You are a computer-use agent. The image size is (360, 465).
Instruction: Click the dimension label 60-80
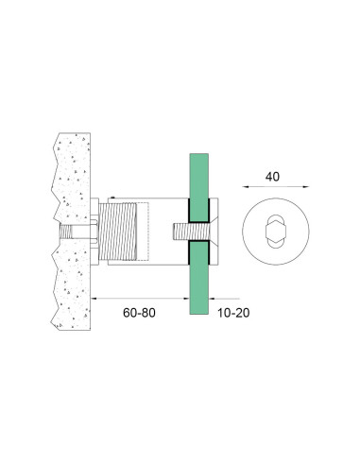139,313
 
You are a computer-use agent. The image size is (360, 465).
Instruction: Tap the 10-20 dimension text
233,313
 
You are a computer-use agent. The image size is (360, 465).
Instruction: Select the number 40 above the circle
272,177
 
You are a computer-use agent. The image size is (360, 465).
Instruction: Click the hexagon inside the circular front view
275,232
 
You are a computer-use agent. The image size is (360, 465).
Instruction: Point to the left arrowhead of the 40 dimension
246,187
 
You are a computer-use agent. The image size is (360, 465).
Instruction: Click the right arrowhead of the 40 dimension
306,187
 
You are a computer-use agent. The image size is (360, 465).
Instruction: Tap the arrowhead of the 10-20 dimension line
212,298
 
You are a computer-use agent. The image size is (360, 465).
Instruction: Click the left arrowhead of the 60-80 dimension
94,298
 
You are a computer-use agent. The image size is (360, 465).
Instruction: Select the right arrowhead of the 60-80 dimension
186,298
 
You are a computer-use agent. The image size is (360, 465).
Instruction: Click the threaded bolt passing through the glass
191,232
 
